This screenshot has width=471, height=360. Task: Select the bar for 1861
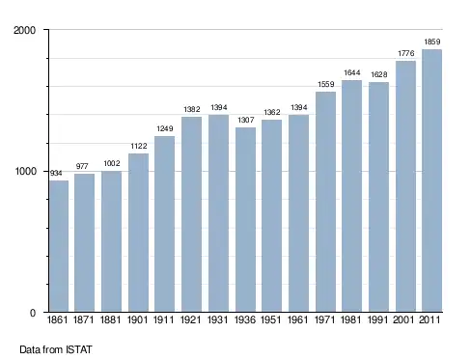point(59,246)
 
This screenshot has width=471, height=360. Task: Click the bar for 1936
point(245,220)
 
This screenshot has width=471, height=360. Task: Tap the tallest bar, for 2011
point(431,180)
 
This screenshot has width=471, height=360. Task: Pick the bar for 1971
point(325,202)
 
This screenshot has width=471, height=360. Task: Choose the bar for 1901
point(138,233)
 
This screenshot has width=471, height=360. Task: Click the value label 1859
point(432,42)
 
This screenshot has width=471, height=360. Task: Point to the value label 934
point(56,173)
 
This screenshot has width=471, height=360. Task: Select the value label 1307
point(246,120)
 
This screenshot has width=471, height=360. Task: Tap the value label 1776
point(406,53)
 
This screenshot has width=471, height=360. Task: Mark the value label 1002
point(112,163)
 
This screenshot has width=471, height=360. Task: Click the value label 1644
point(352,72)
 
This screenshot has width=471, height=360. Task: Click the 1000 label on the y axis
point(26,171)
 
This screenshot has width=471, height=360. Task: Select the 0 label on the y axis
point(33,313)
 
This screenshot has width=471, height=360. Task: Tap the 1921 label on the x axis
point(191,319)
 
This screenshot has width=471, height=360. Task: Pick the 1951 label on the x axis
point(271,319)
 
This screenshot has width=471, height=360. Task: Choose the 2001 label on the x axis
point(403,319)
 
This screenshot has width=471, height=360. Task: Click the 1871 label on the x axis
point(84,319)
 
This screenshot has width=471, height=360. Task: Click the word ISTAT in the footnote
point(79,349)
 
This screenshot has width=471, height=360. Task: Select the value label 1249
point(165,128)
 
